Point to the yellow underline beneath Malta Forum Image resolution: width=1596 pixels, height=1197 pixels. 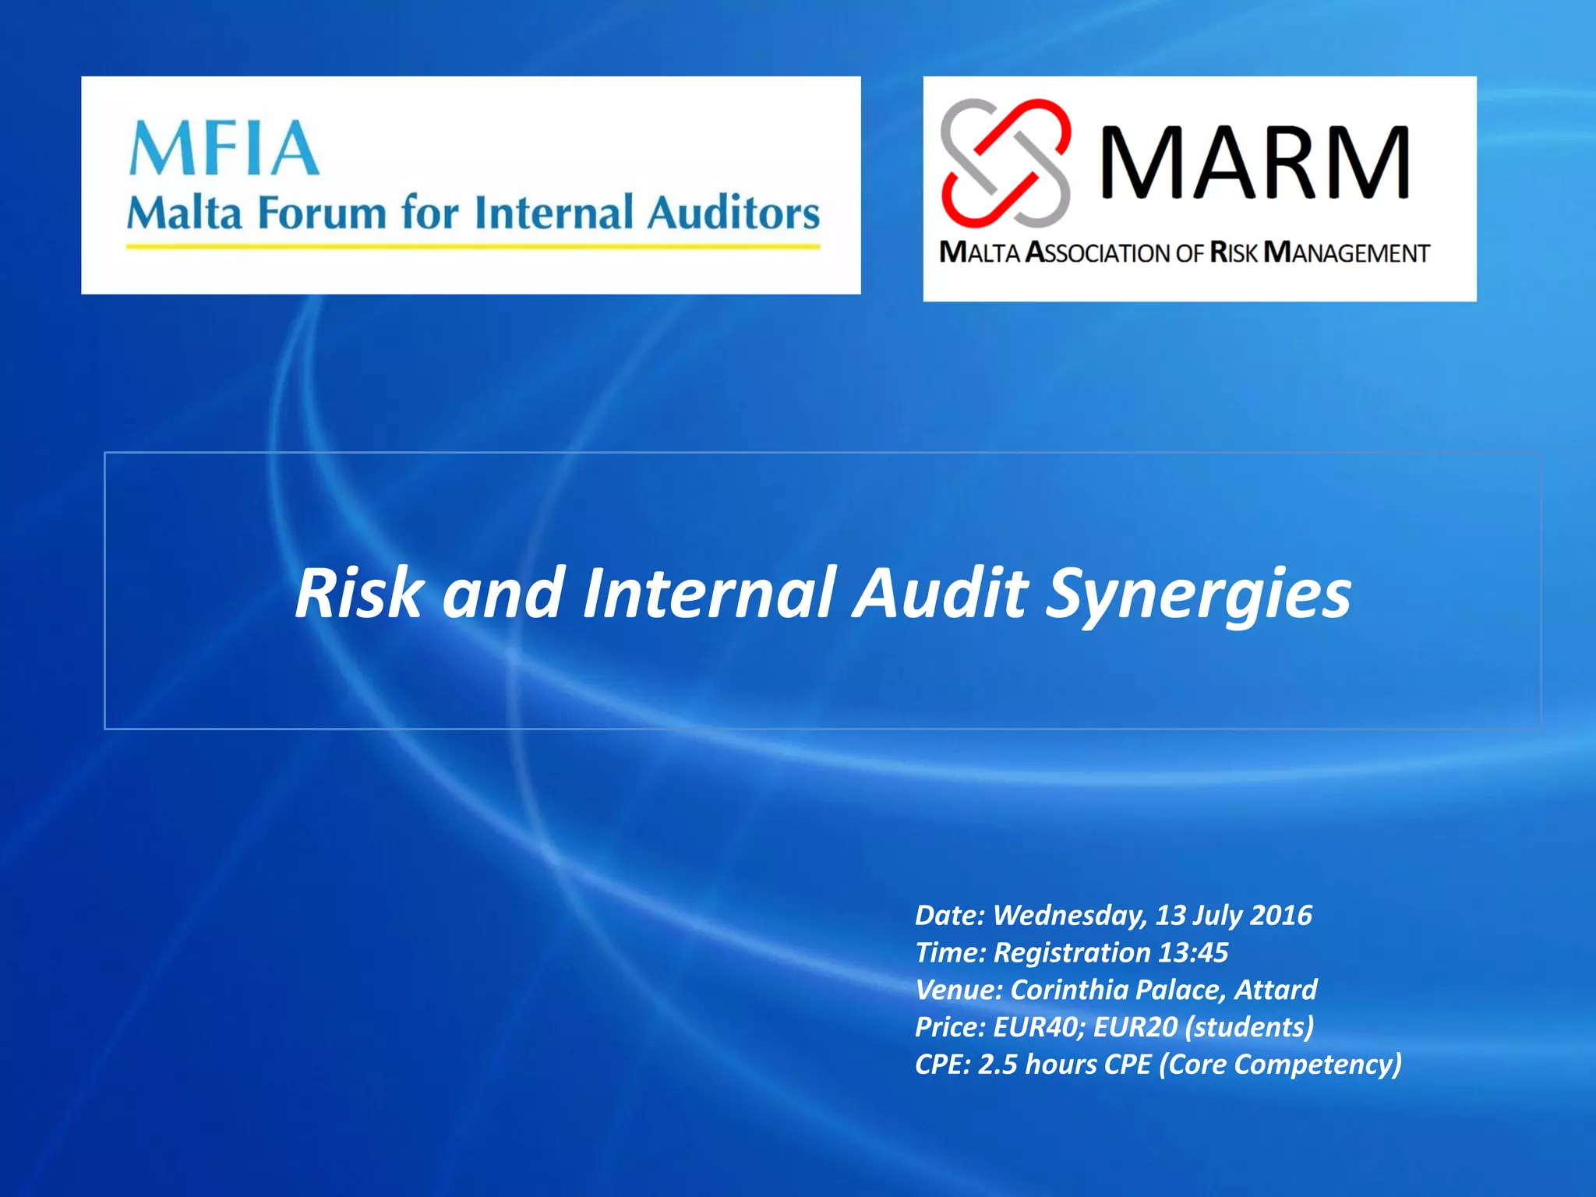pos(473,247)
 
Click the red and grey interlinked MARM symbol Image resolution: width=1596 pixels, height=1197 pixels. pos(1005,163)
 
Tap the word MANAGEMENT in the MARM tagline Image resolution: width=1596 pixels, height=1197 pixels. pos(1346,252)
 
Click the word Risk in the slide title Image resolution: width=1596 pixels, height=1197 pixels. pos(359,594)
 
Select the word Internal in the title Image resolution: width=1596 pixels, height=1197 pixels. pos(709,594)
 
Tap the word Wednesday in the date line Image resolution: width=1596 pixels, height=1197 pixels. pos(1070,916)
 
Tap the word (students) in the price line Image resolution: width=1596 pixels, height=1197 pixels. pos(1249,1027)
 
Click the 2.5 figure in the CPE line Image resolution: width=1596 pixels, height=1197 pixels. pos(997,1065)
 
